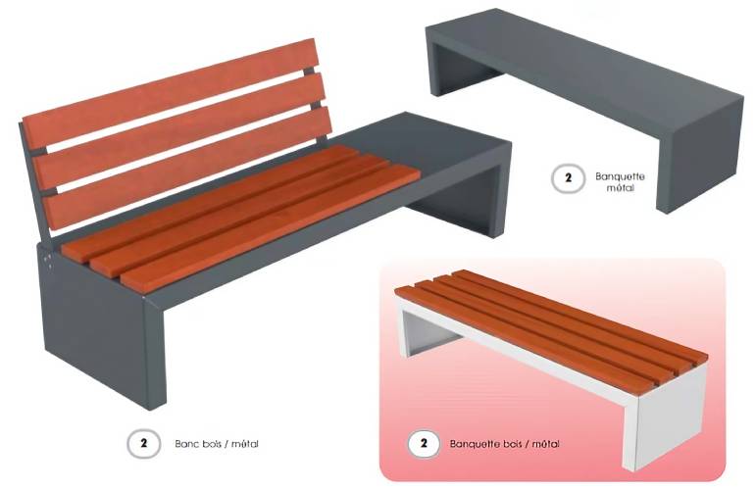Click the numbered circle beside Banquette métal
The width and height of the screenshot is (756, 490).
pyautogui.click(x=568, y=178)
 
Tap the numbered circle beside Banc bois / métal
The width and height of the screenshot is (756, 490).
pyautogui.click(x=143, y=443)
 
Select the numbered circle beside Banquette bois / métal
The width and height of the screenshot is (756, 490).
pyautogui.click(x=424, y=443)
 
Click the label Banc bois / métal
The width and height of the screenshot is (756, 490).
pyautogui.click(x=217, y=444)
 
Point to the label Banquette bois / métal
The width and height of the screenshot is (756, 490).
pyautogui.click(x=504, y=444)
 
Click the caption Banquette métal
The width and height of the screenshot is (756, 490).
pyautogui.click(x=620, y=182)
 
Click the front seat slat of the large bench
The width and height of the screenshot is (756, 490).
pyautogui.click(x=270, y=226)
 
